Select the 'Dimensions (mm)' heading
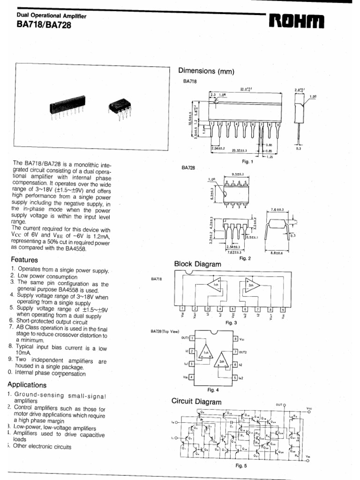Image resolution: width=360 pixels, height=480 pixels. coord(206,71)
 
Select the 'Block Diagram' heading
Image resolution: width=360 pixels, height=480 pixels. coord(197,264)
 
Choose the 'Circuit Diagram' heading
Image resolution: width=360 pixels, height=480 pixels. coord(196,402)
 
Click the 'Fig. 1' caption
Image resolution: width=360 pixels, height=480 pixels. coord(247,162)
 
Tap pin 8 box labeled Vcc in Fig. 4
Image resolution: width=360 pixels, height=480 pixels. coord(235,338)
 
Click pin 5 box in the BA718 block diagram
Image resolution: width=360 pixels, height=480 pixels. coord(232,309)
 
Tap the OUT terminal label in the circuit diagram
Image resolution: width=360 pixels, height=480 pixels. coord(279,404)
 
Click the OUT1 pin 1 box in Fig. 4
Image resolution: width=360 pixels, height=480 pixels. coord(192,338)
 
